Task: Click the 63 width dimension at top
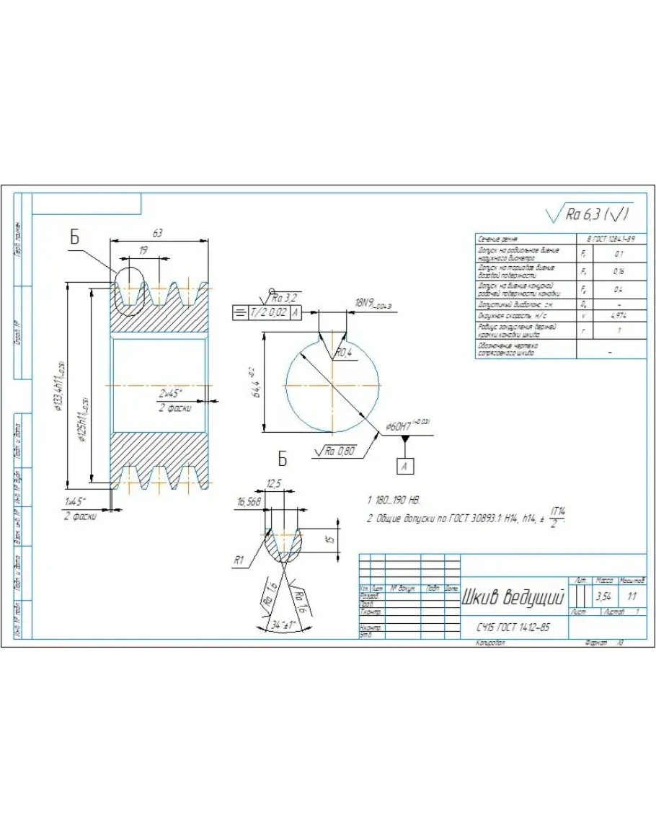tap(158, 233)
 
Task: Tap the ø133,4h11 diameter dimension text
tap(61, 386)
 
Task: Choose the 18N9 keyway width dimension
tap(372, 304)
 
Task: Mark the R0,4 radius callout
tap(343, 352)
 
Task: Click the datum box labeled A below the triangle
tap(405, 466)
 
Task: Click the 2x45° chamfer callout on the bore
tap(170, 395)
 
